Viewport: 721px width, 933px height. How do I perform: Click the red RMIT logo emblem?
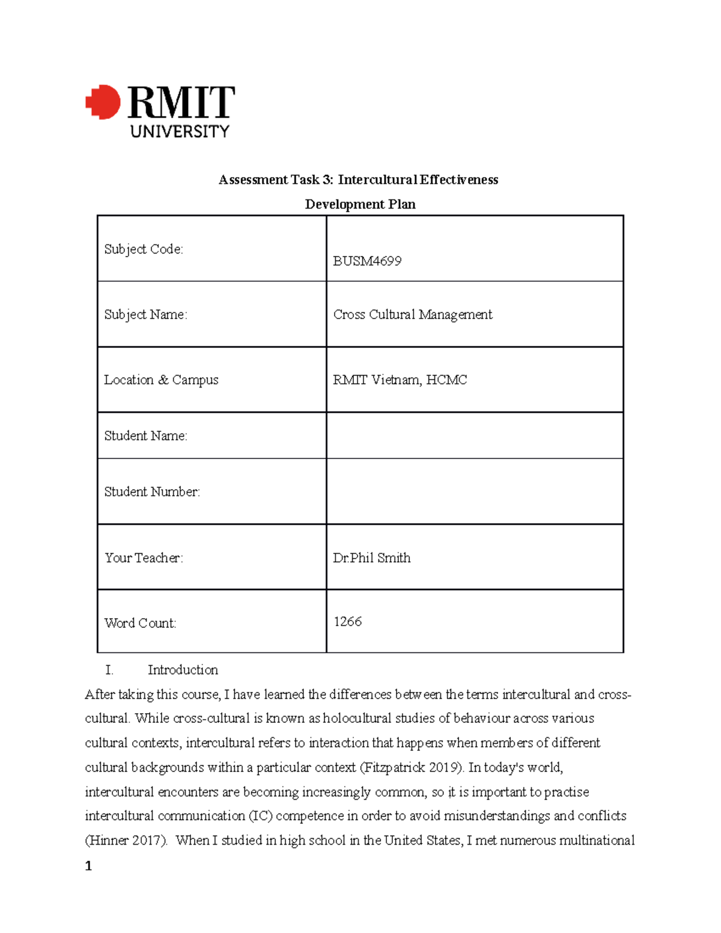coord(103,102)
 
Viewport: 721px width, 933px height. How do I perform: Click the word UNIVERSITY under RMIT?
coord(180,131)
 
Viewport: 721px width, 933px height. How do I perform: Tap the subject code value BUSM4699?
coord(367,261)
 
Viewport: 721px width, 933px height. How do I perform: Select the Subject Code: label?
coord(144,249)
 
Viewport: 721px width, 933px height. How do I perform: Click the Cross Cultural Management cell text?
coord(412,314)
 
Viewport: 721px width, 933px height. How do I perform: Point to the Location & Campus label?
coord(161,380)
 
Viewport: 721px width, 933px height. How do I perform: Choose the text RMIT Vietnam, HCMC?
coord(400,380)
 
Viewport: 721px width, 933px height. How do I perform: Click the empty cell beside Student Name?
coord(474,436)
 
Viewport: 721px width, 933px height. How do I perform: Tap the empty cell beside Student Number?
coord(474,491)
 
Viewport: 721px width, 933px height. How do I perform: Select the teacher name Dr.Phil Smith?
coord(371,558)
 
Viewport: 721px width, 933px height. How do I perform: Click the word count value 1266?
coord(347,621)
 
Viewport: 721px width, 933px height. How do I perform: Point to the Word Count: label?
coord(140,623)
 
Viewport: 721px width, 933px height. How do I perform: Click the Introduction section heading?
coord(183,670)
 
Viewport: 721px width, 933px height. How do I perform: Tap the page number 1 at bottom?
coord(89,866)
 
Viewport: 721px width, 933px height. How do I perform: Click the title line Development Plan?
coord(360,204)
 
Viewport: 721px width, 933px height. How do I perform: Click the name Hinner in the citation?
coord(108,840)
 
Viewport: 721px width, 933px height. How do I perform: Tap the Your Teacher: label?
coord(144,558)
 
